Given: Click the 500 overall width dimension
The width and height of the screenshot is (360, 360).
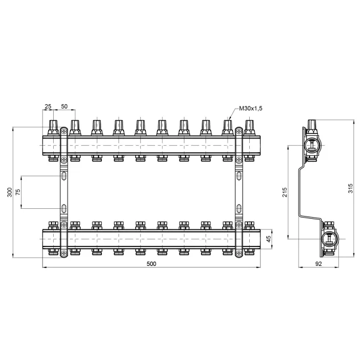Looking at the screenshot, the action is click(151, 264).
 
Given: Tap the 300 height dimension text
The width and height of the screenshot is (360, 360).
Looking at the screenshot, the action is click(9, 192).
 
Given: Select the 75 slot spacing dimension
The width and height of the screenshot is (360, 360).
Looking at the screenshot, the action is click(18, 192).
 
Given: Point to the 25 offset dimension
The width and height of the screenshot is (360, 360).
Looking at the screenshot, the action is click(48, 106).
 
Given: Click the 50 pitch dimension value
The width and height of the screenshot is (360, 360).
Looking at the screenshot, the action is click(64, 106).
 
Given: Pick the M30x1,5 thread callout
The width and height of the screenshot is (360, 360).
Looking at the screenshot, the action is click(250, 109).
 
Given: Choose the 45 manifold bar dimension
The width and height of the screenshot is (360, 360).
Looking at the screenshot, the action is click(269, 239).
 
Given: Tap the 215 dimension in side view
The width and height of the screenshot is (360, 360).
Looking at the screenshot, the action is click(285, 192).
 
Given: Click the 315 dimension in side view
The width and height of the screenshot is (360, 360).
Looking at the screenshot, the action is click(350, 188).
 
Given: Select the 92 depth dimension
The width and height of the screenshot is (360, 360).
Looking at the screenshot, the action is click(318, 264).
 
